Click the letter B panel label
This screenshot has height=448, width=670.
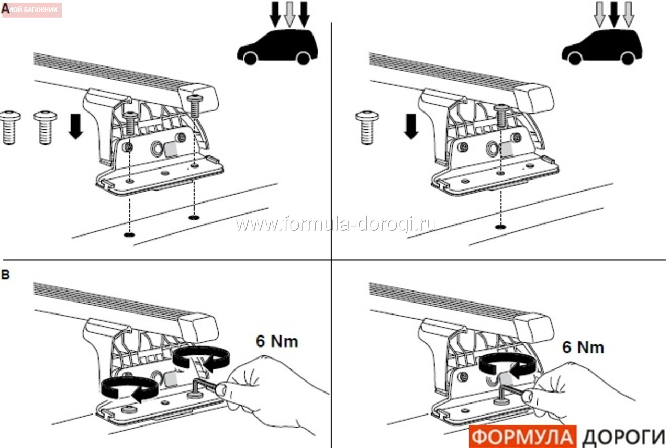point(5,275)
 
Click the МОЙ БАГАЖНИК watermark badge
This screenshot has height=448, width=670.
point(32,10)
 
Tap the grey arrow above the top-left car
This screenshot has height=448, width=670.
point(289,14)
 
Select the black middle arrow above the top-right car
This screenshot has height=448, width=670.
point(614,14)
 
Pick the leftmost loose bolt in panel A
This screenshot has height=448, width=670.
point(10,128)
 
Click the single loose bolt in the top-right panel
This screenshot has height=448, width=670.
point(367,128)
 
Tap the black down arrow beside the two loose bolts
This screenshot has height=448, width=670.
point(76,126)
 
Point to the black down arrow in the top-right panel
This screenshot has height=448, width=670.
point(411,126)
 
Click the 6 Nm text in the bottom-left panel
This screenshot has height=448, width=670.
point(277,342)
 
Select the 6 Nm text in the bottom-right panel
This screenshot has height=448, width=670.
point(583,348)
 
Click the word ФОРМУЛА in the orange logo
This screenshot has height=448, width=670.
point(522,437)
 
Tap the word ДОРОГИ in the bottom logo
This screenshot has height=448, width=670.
point(623,437)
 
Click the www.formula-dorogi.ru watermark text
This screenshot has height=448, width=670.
point(336,223)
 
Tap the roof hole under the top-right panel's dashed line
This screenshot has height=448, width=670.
point(500,227)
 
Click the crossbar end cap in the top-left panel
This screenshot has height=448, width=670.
point(199,99)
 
